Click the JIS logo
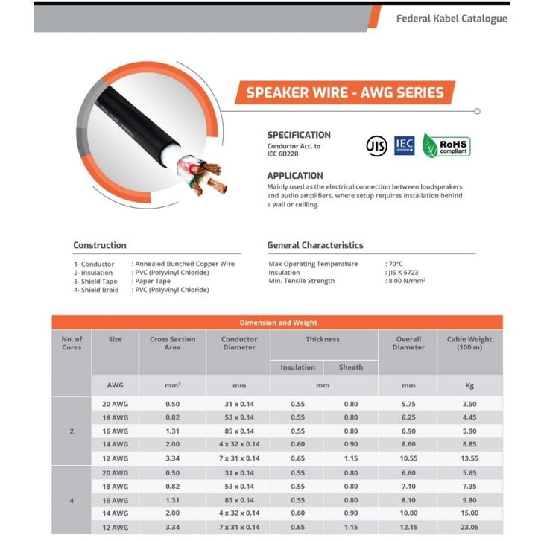(x=376, y=145)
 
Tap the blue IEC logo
(x=405, y=145)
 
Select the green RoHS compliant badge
(x=446, y=145)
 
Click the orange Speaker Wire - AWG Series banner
(x=344, y=93)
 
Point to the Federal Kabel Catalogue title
(x=452, y=19)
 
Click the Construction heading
(x=100, y=245)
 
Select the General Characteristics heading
(x=315, y=245)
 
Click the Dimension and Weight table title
(x=277, y=323)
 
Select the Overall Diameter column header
(x=408, y=343)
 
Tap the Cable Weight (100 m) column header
(x=469, y=343)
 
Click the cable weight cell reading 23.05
(x=469, y=527)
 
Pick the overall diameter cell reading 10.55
(x=408, y=458)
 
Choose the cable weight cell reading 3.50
(x=469, y=403)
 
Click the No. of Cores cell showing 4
(x=72, y=500)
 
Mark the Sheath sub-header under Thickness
(x=351, y=367)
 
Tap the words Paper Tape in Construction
(x=153, y=282)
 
